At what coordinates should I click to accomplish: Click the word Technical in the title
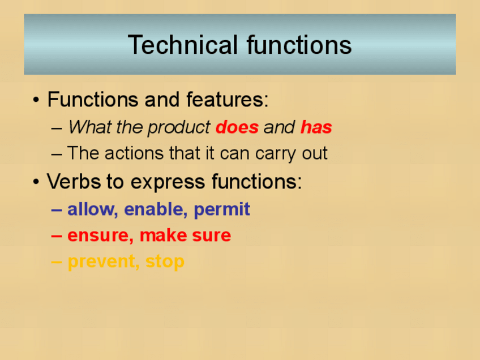[183, 45]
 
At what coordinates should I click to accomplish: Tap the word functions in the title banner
[299, 45]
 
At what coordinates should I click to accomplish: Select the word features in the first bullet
[227, 100]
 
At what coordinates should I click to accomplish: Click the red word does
[237, 127]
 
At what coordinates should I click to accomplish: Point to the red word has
[316, 127]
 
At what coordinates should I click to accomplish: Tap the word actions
[134, 153]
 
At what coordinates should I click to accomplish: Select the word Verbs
[74, 181]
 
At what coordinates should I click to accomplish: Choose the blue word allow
[93, 209]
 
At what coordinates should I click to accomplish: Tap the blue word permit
[222, 210]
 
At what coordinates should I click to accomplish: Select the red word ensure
[100, 236]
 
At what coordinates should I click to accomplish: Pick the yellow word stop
[165, 262]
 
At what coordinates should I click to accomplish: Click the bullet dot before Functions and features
[36, 100]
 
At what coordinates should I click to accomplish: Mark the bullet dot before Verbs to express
[36, 182]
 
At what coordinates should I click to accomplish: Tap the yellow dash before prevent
[57, 262]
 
